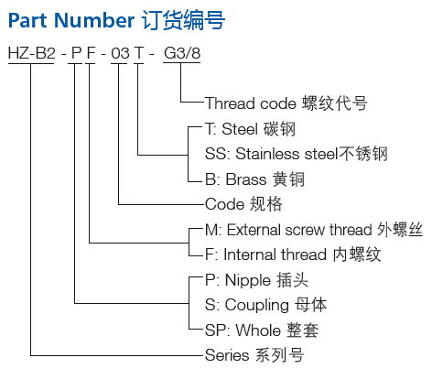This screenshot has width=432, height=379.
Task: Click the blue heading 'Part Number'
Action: click(x=71, y=20)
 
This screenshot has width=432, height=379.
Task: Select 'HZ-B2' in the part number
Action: click(x=32, y=53)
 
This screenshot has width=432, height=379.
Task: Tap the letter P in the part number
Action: click(x=76, y=53)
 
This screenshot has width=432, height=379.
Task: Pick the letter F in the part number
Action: click(x=92, y=53)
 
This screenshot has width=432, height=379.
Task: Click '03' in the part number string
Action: click(x=120, y=53)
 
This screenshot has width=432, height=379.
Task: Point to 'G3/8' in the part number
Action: click(x=182, y=53)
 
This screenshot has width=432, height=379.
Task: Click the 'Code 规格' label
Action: click(x=243, y=204)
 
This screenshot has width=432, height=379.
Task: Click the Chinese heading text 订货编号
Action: click(x=183, y=20)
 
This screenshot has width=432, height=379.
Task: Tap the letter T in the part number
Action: click(x=139, y=53)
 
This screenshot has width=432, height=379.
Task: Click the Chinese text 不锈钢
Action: click(x=363, y=154)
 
